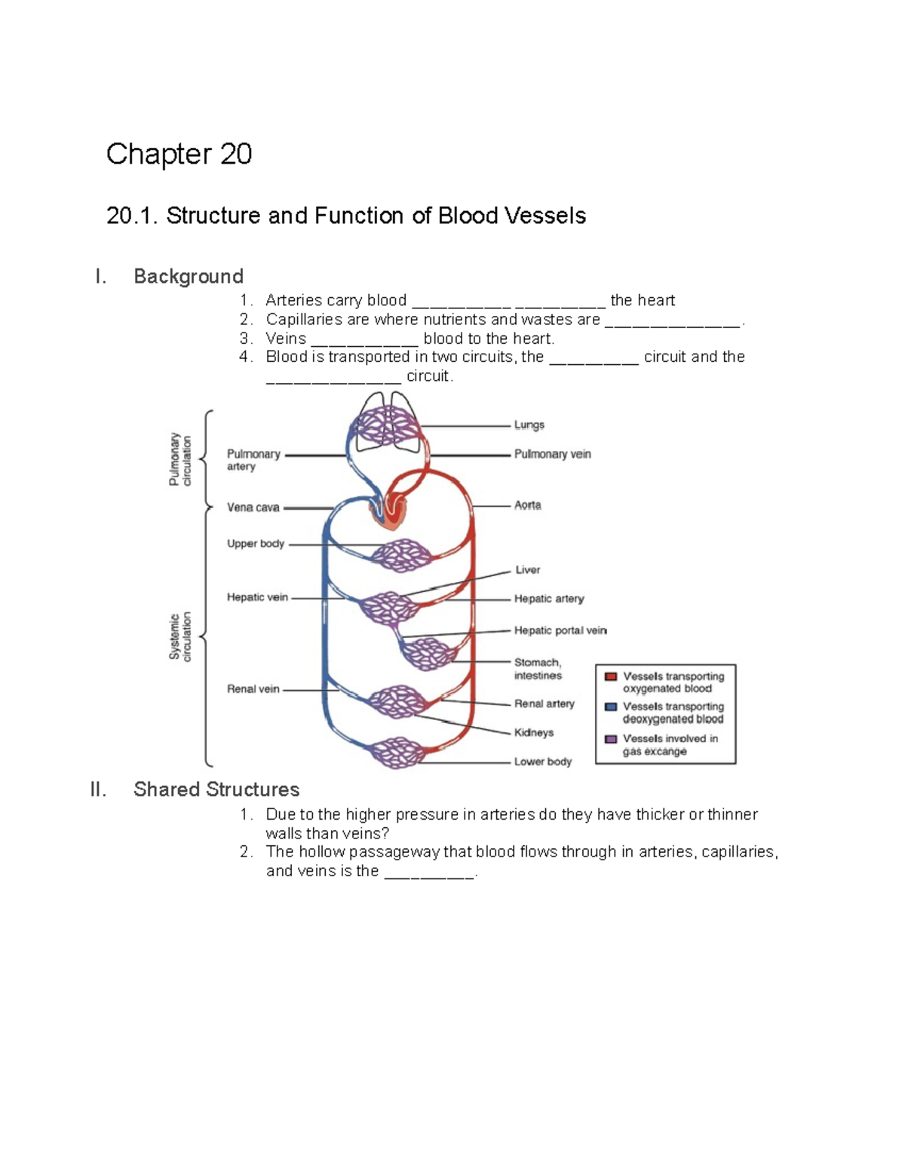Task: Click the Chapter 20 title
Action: tap(179, 154)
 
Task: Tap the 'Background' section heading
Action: tap(188, 276)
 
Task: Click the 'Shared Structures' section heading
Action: tap(216, 789)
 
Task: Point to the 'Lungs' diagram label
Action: tap(529, 425)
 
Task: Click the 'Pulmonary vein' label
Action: tap(552, 454)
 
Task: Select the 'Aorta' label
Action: tap(527, 505)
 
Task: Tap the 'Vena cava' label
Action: tap(253, 507)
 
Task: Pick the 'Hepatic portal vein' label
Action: tap(560, 630)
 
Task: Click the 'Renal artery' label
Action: tap(544, 704)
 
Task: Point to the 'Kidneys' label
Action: tap(533, 732)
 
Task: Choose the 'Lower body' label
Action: tap(542, 762)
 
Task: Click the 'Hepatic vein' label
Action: tap(257, 597)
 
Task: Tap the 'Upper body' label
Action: tap(255, 544)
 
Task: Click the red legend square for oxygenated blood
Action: tap(611, 676)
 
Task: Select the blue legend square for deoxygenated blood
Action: tap(611, 707)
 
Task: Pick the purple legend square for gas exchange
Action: tap(611, 739)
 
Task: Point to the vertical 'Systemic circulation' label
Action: tap(180, 637)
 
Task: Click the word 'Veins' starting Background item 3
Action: tap(286, 339)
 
